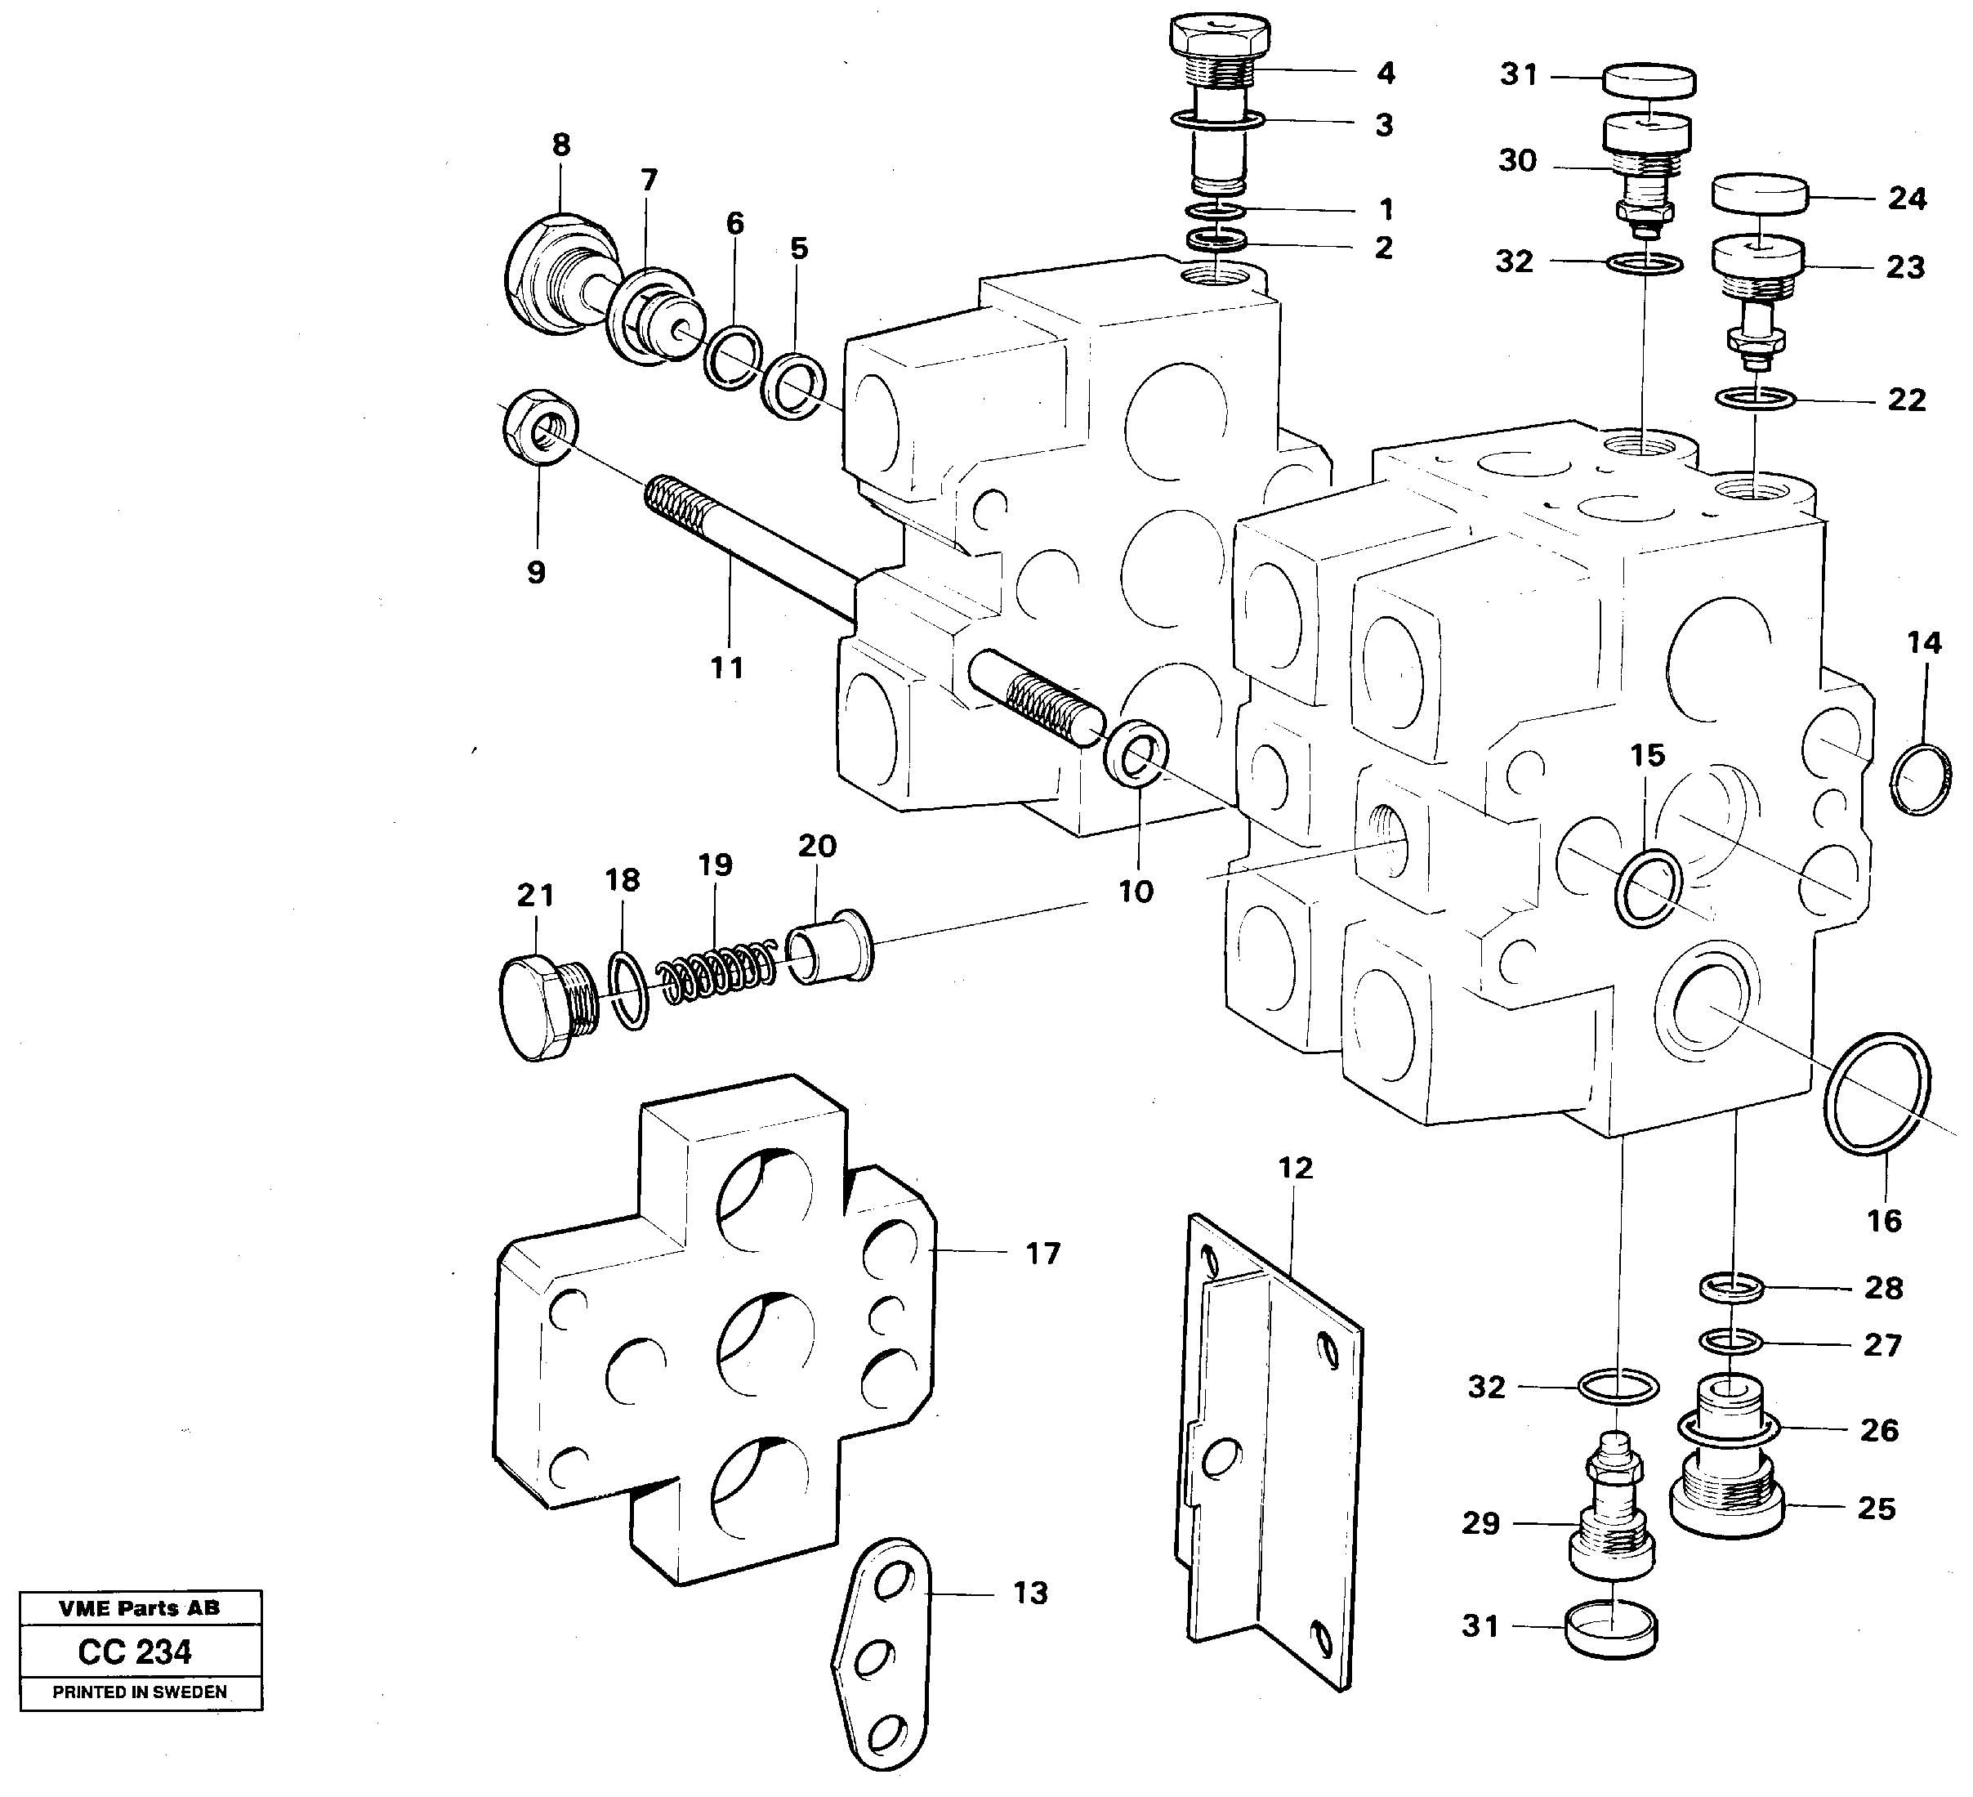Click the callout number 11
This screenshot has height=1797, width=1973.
click(x=727, y=668)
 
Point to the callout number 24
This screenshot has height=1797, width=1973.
click(x=1907, y=199)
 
